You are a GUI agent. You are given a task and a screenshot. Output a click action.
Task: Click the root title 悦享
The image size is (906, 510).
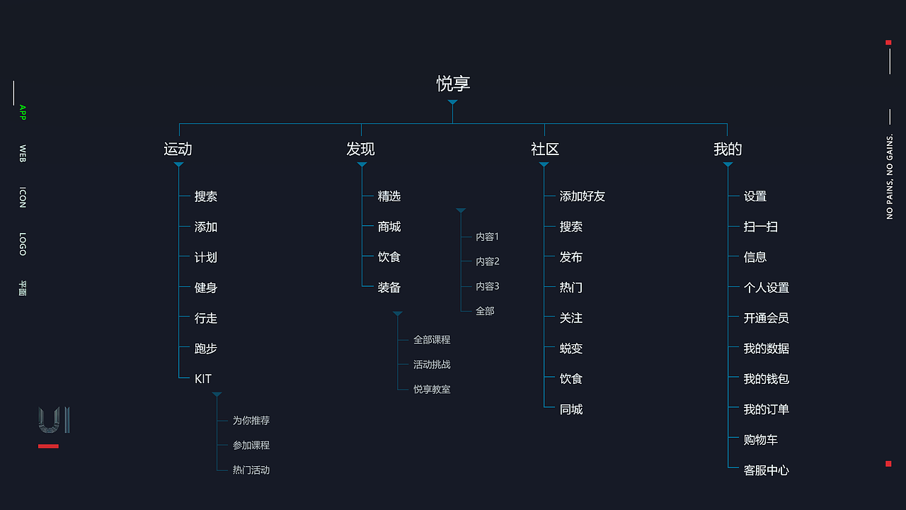453,84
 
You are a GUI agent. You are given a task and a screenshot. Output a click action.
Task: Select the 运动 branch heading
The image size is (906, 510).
178,149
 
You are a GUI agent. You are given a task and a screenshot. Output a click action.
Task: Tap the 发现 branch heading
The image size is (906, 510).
360,149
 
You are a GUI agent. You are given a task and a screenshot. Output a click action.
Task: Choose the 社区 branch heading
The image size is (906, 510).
545,149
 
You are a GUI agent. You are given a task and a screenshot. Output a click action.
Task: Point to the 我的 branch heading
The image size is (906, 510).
728,149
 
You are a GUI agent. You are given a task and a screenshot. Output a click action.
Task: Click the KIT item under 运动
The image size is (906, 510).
203,379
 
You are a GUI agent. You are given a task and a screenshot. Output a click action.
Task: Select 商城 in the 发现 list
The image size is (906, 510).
389,227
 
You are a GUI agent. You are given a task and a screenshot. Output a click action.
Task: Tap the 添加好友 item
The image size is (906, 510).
583,196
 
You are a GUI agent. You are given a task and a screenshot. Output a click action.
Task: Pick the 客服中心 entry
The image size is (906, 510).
766,470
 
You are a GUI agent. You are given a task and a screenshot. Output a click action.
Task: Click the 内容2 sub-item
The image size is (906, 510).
488,261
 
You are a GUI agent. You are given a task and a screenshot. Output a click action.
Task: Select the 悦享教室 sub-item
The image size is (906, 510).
432,389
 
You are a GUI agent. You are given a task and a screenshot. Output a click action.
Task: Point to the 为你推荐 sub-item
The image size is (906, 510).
251,420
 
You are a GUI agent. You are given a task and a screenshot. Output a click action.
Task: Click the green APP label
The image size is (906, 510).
22,112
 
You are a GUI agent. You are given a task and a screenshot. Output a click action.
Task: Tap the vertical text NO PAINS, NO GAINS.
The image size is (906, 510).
890,176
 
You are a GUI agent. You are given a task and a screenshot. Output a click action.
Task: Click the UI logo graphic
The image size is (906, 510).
54,419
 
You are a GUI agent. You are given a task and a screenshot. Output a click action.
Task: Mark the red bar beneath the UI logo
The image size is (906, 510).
48,446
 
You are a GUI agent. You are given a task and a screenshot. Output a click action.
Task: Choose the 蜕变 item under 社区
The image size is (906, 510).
571,348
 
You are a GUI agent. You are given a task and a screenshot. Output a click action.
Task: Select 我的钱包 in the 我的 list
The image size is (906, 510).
766,379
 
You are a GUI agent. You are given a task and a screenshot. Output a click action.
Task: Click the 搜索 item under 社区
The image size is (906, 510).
571,227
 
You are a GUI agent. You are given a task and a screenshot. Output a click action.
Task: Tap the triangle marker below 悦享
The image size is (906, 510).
452,103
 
